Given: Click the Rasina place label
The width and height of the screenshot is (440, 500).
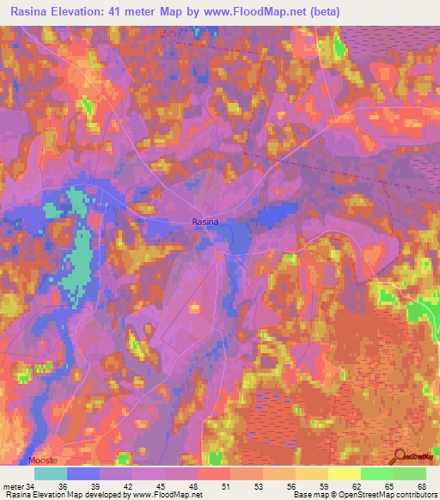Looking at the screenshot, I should (205, 222).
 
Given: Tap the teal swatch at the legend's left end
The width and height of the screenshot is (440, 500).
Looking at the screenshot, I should (51, 474).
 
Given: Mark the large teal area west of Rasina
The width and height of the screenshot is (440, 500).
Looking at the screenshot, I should (82, 249).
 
